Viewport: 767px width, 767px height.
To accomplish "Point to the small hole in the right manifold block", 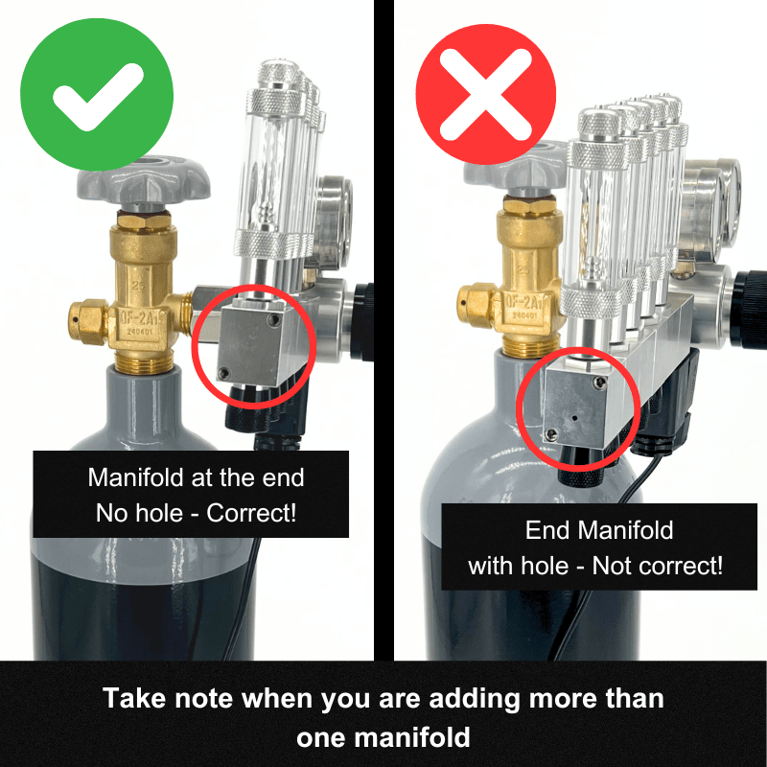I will [572, 418].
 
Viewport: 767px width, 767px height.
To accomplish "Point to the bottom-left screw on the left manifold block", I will [224, 374].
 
